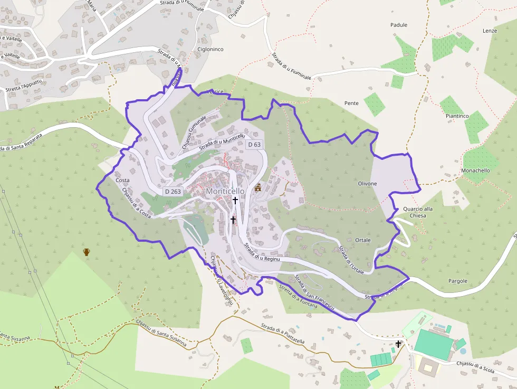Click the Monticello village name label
click(225, 191)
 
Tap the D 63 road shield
click(254, 144)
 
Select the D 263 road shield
click(173, 191)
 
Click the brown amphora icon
click(87, 252)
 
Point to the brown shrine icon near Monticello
click(258, 187)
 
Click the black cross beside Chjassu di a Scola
click(398, 345)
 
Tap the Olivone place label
click(367, 184)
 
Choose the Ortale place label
click(363, 240)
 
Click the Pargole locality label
click(457, 281)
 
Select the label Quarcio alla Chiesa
click(417, 212)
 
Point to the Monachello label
click(475, 170)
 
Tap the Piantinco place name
click(457, 116)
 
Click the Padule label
click(399, 25)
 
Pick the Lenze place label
click(490, 31)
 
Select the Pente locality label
click(351, 103)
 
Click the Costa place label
click(122, 180)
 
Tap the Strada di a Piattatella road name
click(283, 334)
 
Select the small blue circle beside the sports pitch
click(463, 350)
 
